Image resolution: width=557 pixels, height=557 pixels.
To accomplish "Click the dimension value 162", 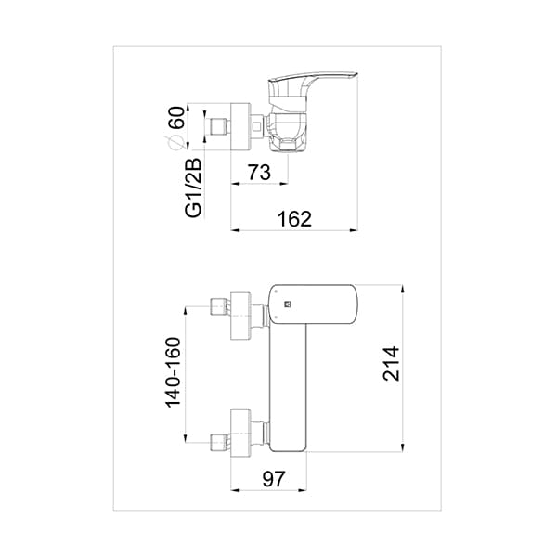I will pyautogui.click(x=294, y=219).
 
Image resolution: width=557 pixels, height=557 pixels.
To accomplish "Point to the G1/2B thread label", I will pyautogui.click(x=194, y=188).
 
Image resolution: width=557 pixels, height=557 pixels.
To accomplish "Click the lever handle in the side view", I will pyautogui.click(x=316, y=84).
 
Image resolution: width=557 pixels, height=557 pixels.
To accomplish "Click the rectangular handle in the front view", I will pyautogui.click(x=316, y=304).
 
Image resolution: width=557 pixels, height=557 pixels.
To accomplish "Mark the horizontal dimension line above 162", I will pyautogui.click(x=294, y=229).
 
